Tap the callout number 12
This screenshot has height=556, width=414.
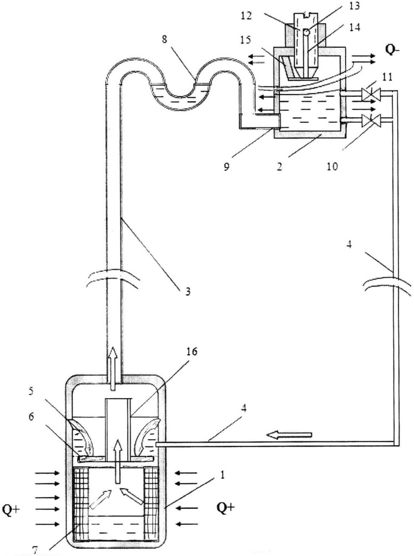point(246,16)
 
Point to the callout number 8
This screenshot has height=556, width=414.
point(164,39)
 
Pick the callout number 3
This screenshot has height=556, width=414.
point(188,291)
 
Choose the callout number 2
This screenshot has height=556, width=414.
point(280,166)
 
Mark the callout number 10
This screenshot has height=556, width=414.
point(332,166)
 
